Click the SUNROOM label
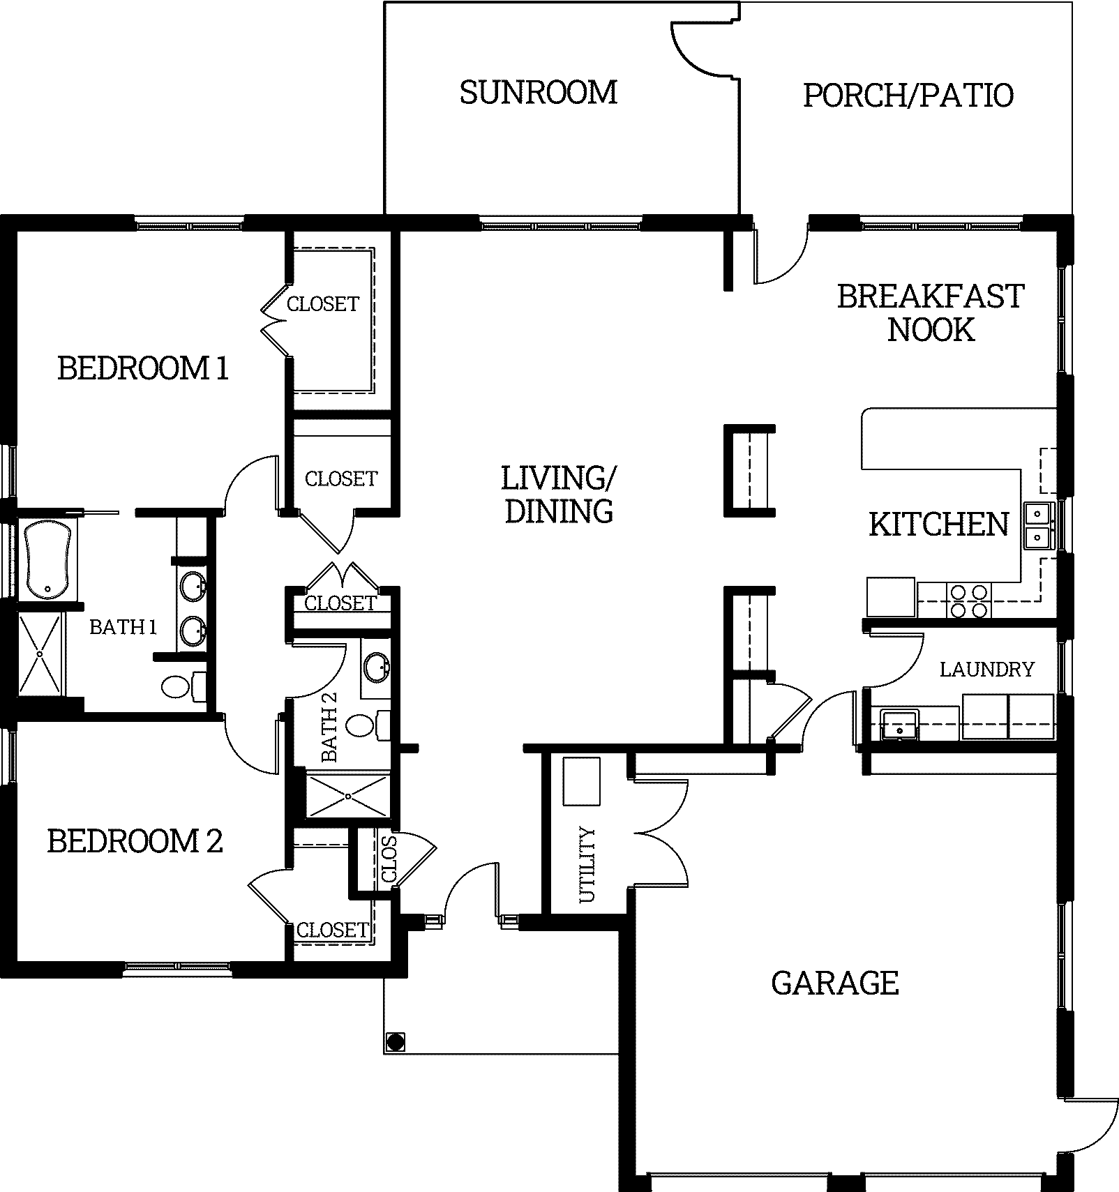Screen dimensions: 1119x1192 539,93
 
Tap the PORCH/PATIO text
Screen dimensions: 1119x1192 908,96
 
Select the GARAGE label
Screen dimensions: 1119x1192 835,983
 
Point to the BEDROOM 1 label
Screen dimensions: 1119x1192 143,368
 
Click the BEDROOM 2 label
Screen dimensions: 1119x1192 135,841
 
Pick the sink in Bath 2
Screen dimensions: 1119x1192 377,667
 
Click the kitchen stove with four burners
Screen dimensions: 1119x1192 969,601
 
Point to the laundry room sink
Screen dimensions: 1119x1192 899,723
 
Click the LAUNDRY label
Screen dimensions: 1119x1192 986,670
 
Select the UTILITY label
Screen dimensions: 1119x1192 588,864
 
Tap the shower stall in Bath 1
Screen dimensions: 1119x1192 40,654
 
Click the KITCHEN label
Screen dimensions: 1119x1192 939,525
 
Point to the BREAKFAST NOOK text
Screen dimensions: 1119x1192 931,312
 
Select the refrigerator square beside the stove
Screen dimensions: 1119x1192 891,597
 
